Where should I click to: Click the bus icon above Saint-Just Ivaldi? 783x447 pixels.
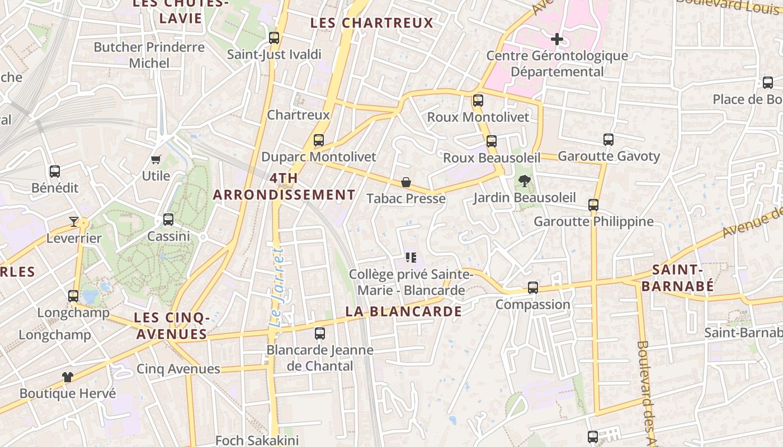coord(274,38)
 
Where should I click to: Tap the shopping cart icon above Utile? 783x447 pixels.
coord(156,160)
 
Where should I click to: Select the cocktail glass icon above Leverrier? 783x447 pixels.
coord(74,222)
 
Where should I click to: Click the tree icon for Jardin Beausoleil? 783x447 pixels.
coord(524,181)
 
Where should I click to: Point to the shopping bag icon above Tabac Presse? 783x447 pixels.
coord(406,182)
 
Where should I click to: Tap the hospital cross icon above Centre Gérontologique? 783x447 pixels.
coord(557,39)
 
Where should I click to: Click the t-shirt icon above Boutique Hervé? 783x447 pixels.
coord(68,377)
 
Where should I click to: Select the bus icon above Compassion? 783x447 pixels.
coord(533,288)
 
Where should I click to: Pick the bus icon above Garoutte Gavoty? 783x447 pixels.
coord(609,140)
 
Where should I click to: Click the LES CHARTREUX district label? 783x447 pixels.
coord(372,23)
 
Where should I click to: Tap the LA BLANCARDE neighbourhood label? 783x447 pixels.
coord(404,311)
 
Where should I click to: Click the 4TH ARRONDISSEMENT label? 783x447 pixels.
coord(284,187)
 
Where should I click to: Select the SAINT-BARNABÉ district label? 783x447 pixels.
coord(677,278)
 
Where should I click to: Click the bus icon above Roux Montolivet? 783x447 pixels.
coord(478,101)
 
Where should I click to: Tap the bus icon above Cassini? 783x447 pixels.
coord(168,220)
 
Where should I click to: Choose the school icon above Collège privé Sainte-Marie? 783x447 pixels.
coord(412,258)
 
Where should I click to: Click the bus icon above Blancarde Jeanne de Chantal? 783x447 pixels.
coord(320,334)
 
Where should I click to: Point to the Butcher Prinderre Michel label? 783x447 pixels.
coord(149,55)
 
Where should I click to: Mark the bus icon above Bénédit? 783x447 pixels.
coord(55,172)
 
